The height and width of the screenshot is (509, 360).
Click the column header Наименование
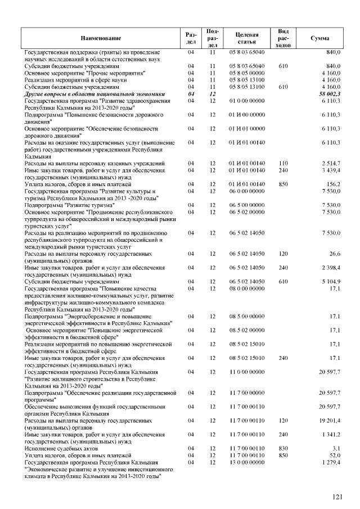101,38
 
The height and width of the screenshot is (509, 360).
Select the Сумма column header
319,38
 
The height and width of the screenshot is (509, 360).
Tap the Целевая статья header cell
247,38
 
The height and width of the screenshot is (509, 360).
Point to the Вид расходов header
283,38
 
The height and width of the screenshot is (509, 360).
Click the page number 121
337,496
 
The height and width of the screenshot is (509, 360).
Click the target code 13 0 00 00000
247,462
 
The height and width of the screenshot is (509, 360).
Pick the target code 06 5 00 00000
247,205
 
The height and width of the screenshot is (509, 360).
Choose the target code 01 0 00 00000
247,101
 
